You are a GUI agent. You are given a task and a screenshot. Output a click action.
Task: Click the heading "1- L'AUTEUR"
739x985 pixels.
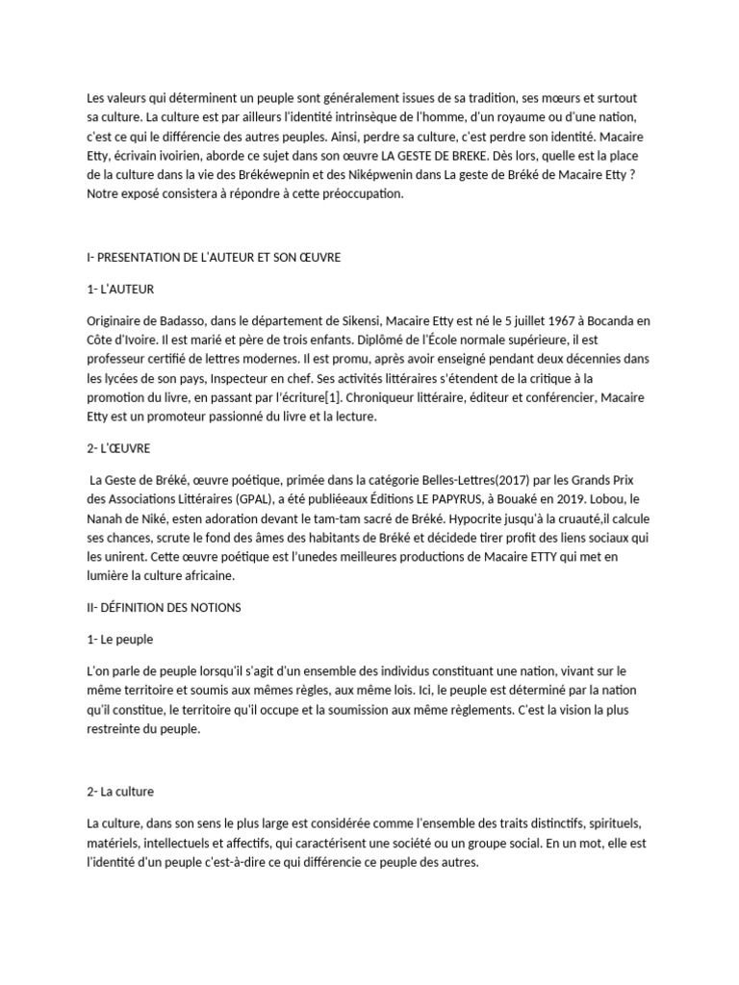pos(120,289)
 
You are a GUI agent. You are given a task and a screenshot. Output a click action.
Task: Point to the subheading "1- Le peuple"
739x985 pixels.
pos(120,639)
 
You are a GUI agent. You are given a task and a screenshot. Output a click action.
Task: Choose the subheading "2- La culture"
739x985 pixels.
pos(120,792)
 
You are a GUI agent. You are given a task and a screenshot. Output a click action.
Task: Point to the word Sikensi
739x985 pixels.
pos(342,320)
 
